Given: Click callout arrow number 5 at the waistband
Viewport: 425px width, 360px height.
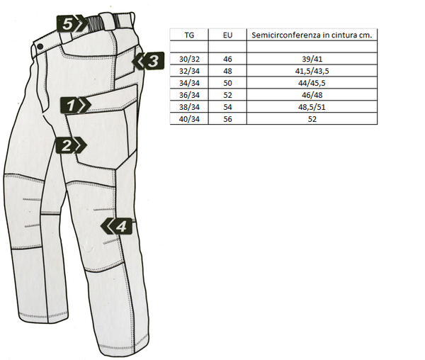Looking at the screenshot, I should tap(70, 23).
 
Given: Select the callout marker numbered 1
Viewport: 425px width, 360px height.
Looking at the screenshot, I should tap(74, 106).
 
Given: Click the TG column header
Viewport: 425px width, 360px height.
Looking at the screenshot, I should tap(190, 34).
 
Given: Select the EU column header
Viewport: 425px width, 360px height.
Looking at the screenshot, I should tap(228, 34).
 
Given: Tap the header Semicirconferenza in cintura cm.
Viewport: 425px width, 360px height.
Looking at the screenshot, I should tap(312, 34).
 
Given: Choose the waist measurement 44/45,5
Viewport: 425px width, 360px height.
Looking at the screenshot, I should tap(312, 84).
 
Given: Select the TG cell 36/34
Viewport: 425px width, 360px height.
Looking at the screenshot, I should tap(190, 95).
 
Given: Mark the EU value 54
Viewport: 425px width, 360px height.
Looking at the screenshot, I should tap(228, 106).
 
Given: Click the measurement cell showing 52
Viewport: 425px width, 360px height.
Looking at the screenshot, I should tap(312, 118).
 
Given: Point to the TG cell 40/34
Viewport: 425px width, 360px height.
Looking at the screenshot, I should tap(190, 118).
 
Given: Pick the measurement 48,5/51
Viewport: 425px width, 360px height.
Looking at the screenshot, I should tap(312, 106).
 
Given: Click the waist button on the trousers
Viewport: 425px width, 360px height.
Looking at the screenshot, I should tap(41, 47).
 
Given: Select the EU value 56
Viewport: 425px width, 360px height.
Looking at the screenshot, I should tap(228, 118).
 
